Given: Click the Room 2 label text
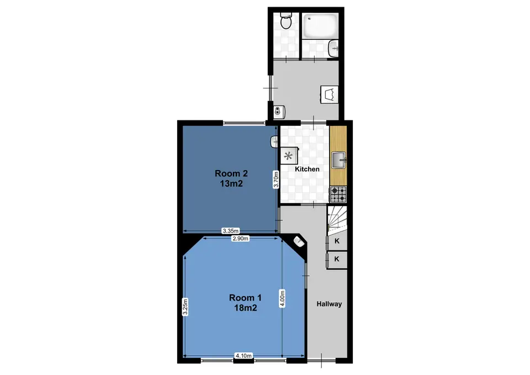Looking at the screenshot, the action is [231, 178].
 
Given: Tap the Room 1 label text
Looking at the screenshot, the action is [245, 303].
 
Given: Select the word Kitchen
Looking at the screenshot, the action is [307, 169].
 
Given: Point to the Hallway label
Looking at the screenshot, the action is [329, 304].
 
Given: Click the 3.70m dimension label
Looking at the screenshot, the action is [276, 179].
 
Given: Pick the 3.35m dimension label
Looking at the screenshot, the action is [231, 231].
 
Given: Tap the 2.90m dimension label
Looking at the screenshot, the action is [240, 239].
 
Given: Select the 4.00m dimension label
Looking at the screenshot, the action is [282, 299].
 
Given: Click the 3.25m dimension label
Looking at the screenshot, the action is [185, 307].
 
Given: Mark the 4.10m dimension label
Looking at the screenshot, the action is [243, 356].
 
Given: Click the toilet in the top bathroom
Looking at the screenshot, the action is [286, 20].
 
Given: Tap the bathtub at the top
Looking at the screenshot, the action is [320, 26].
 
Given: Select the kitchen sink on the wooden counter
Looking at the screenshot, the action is [338, 160].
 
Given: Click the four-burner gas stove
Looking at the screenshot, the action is [338, 194].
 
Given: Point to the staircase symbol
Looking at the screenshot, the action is [337, 219].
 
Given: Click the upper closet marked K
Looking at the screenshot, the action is [337, 241].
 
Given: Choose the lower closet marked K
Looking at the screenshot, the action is [337, 260].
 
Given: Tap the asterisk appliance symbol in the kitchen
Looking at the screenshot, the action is [288, 156].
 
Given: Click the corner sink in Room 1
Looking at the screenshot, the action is [299, 241].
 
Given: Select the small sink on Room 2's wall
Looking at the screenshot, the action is [274, 142].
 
